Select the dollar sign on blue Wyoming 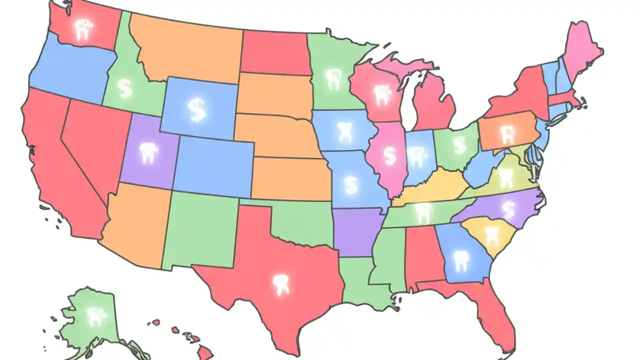point(196,109)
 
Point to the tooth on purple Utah point(147,153)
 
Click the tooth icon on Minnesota point(332,78)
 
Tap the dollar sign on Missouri point(352,184)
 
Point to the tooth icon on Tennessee point(423,213)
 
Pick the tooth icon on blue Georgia point(460,261)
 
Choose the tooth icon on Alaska point(93,315)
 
